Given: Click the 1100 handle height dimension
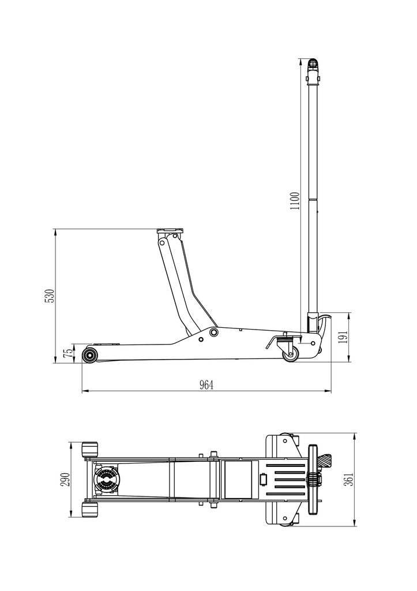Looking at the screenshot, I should [x=295, y=201].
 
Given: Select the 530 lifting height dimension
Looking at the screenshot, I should [x=50, y=295].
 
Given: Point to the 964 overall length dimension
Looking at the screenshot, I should [x=206, y=386].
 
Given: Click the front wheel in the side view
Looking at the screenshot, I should [x=89, y=355].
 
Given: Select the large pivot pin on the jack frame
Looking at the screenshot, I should [x=214, y=332].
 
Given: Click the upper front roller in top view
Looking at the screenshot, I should [x=91, y=450].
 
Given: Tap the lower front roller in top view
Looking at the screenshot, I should [x=91, y=510].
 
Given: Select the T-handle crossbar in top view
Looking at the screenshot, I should [x=314, y=479].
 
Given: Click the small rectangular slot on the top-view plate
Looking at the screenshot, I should [x=264, y=479].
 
